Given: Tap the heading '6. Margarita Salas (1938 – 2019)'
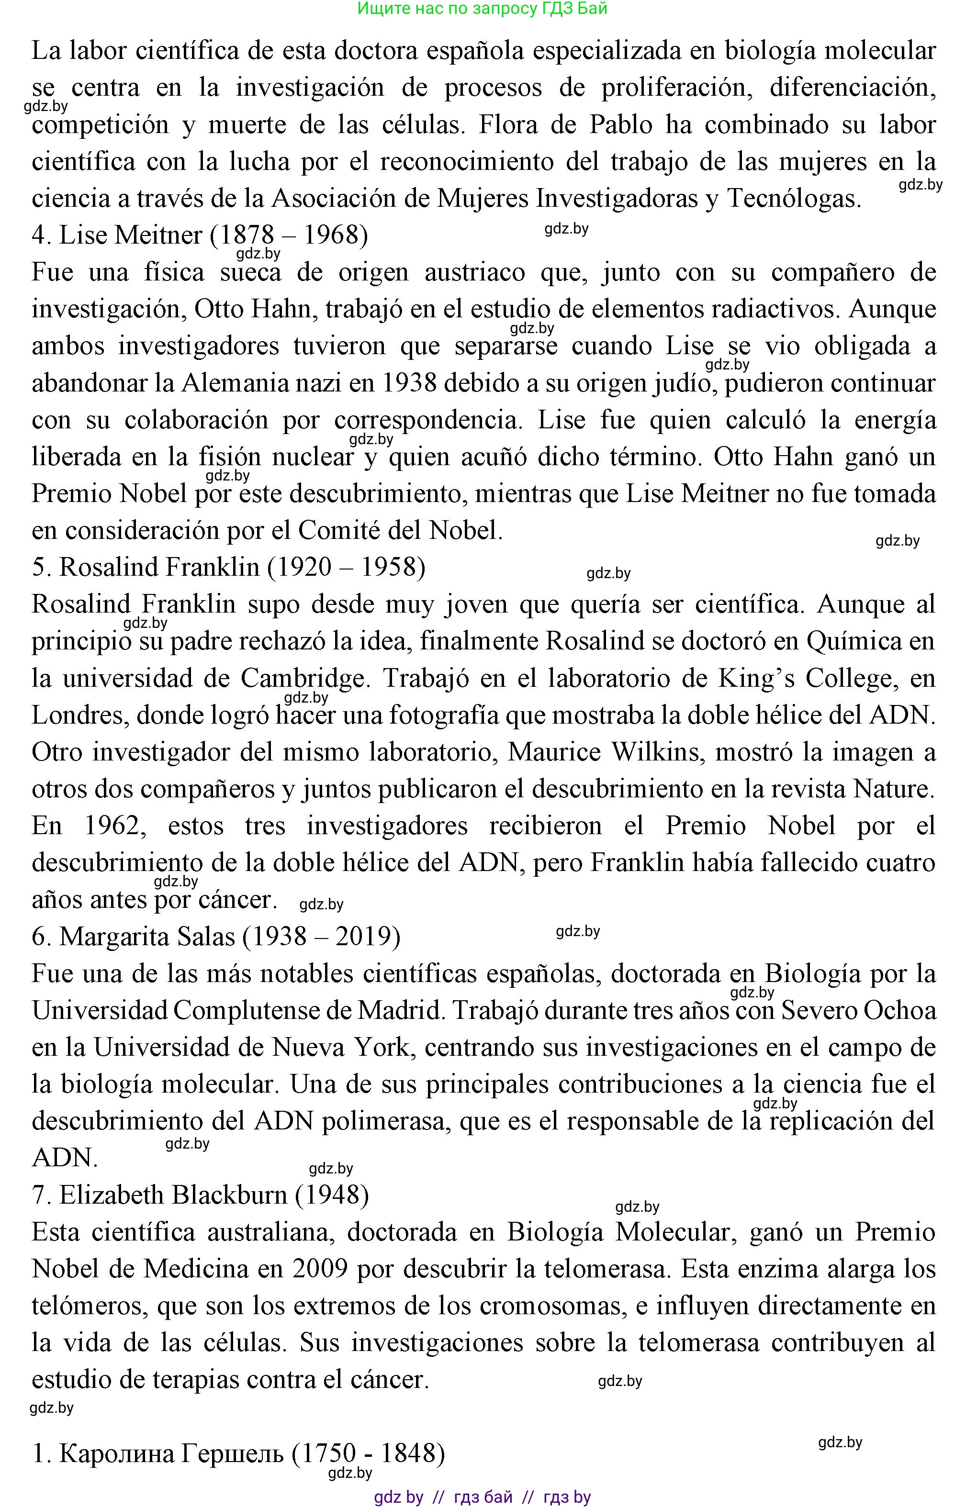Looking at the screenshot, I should [216, 937].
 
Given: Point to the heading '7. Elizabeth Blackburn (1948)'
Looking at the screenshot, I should [200, 1195].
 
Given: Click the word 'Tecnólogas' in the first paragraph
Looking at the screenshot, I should [794, 199].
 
